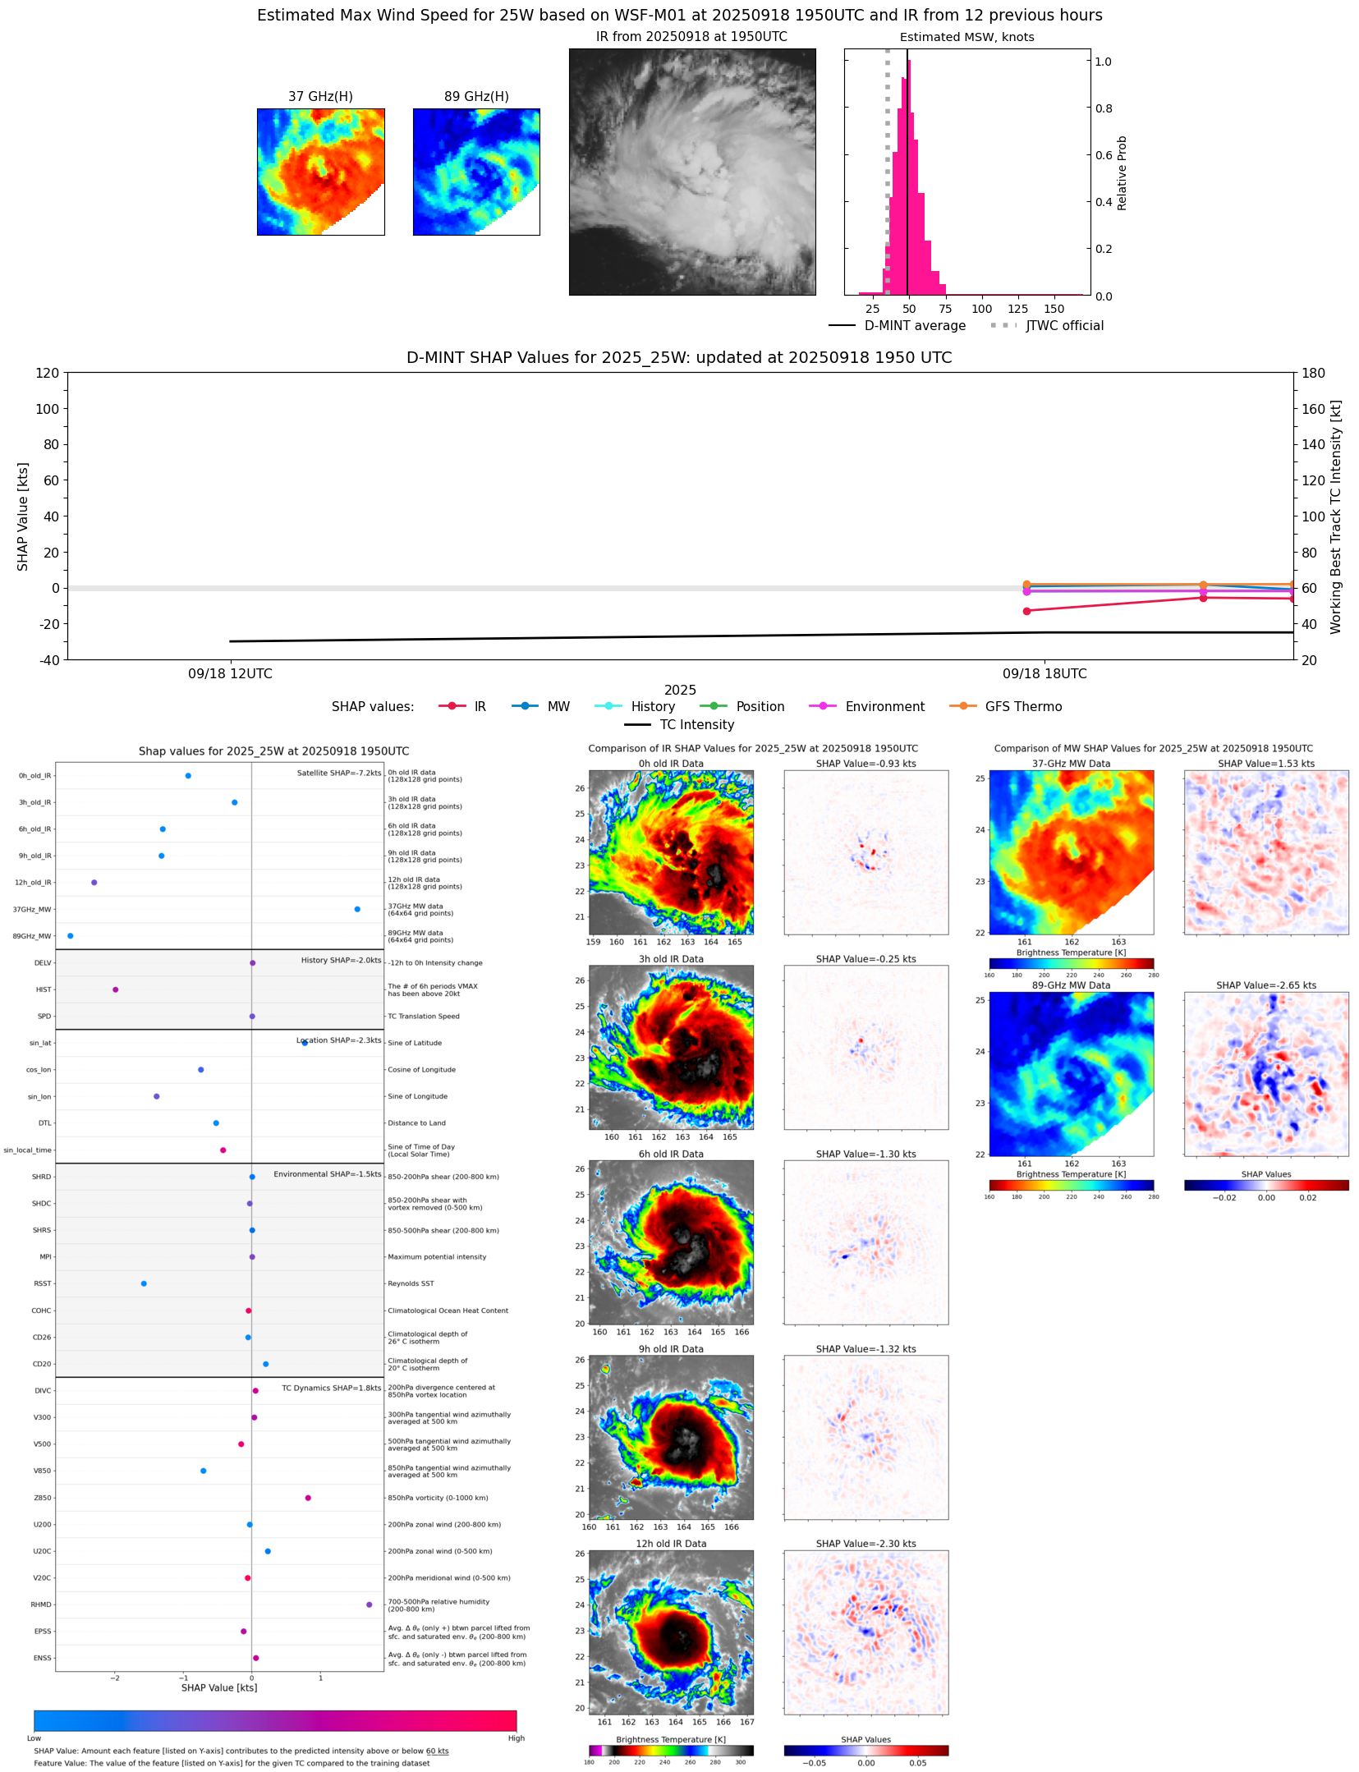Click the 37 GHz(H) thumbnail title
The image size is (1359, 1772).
pos(320,97)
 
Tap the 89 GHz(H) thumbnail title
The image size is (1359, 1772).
pos(476,97)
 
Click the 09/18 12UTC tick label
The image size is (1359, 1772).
pos(230,674)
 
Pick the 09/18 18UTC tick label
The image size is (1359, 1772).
pos(1045,674)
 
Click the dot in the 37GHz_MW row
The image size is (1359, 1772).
pos(357,909)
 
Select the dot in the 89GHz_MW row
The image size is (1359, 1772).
pos(71,936)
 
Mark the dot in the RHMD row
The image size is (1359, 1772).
pos(369,1604)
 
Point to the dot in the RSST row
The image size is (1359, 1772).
pos(144,1283)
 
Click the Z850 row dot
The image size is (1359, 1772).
pos(308,1498)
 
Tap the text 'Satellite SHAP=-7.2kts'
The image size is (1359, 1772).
pos(339,773)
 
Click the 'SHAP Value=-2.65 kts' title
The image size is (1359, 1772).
pos(1265,985)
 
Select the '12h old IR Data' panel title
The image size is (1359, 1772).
pos(671,1544)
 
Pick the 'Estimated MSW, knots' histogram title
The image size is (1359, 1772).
pos(966,38)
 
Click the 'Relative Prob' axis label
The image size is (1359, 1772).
pos(1122,173)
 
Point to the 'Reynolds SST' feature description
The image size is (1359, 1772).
pos(411,1283)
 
